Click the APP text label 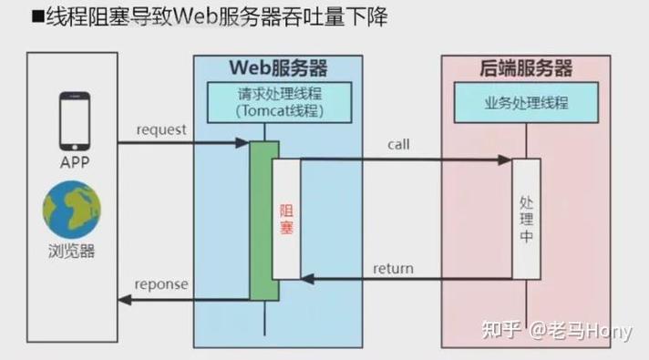coord(75,163)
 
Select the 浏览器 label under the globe coord(72,250)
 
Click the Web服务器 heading coord(277,69)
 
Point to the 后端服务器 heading coord(525,69)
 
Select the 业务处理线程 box coord(525,103)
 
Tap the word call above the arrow coord(398,145)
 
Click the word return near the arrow coord(393,268)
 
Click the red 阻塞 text coord(286,220)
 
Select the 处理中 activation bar coord(526,219)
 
